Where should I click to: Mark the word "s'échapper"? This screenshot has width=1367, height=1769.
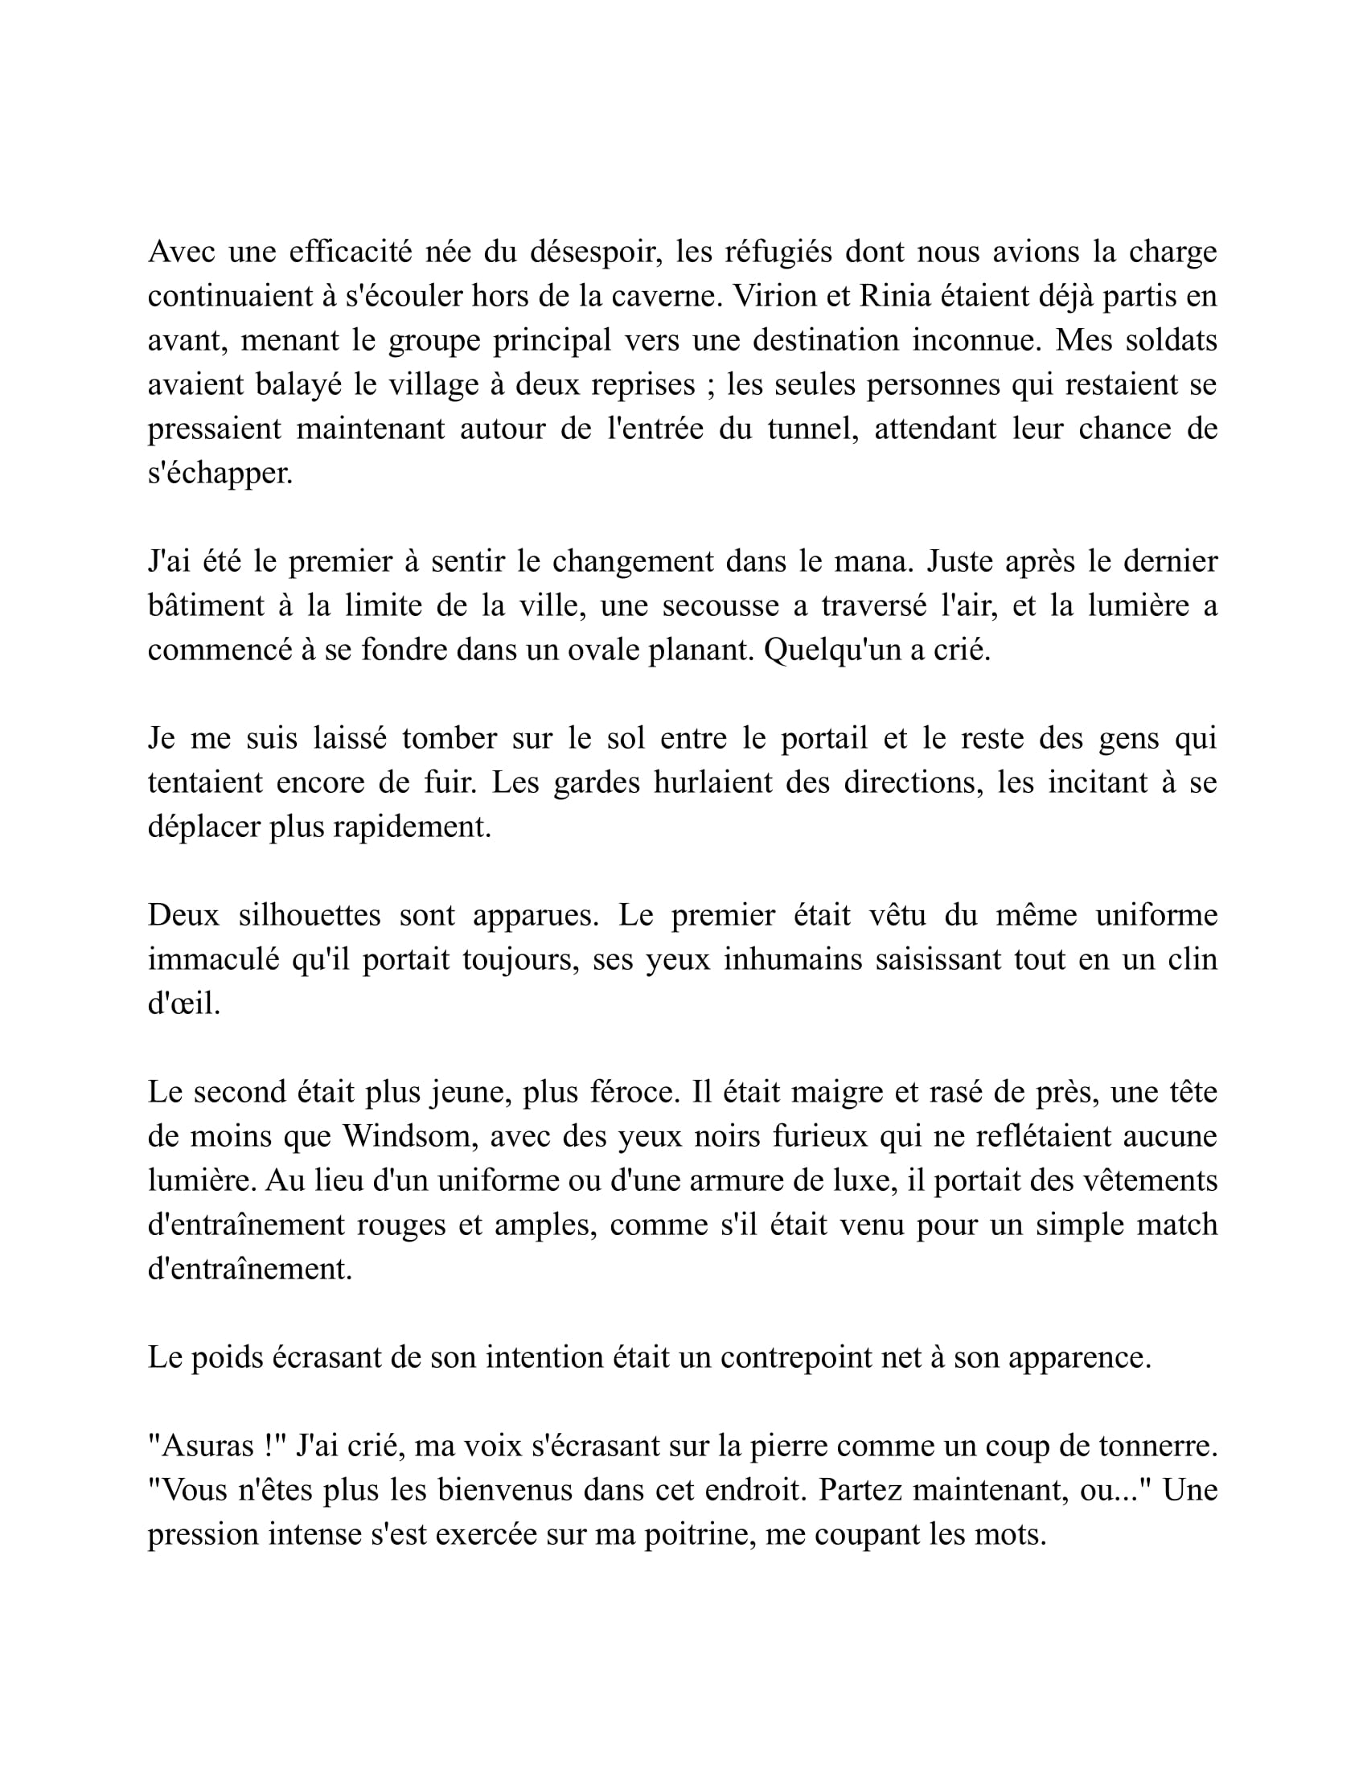(220, 473)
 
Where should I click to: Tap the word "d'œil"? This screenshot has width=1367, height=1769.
(184, 1004)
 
